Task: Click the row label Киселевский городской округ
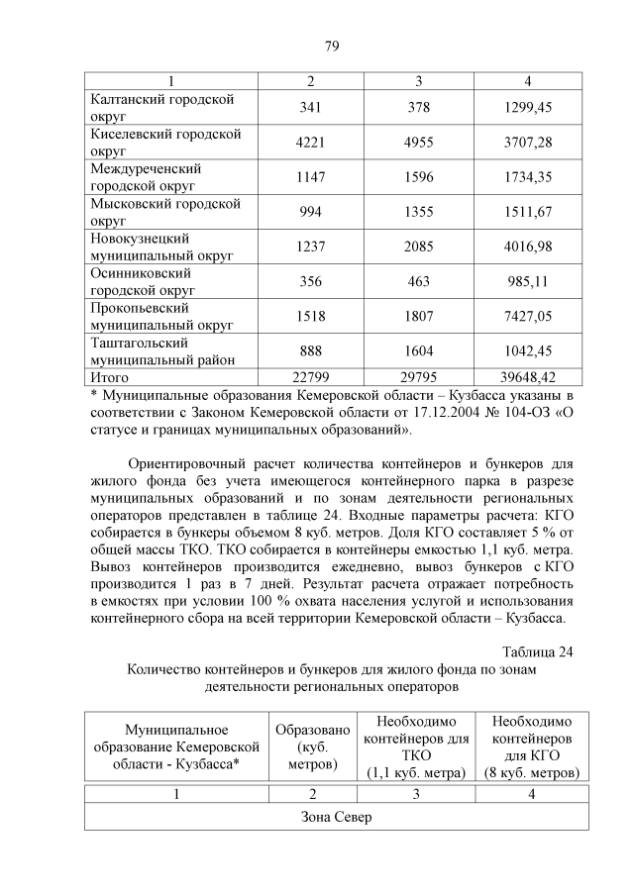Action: (165, 143)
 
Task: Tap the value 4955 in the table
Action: (419, 143)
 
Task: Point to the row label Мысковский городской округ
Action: (165, 212)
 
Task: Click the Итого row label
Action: (110, 377)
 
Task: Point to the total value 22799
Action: (310, 377)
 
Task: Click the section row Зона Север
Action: (337, 817)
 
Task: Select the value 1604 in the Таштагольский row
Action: (419, 350)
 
